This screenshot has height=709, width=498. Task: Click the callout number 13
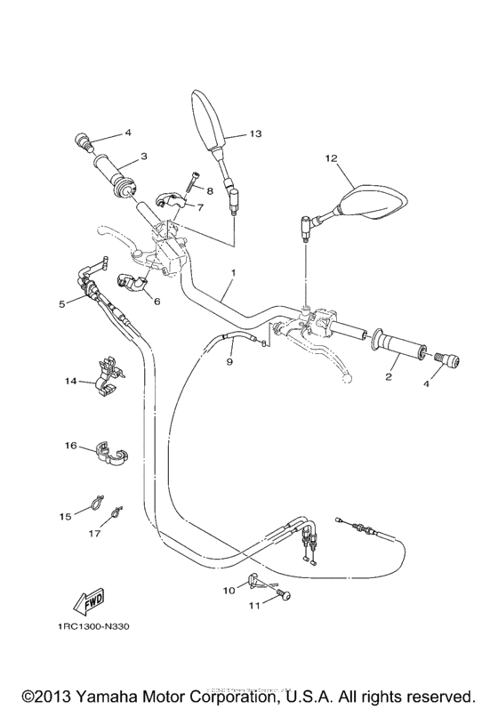pyautogui.click(x=254, y=134)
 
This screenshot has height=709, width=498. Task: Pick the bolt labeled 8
pyautogui.click(x=192, y=185)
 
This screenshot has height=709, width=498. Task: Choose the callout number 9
pyautogui.click(x=229, y=362)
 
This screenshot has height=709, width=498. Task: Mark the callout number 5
pyautogui.click(x=61, y=303)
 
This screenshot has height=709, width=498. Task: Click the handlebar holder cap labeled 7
pyautogui.click(x=167, y=202)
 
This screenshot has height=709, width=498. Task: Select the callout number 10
pyautogui.click(x=228, y=589)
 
